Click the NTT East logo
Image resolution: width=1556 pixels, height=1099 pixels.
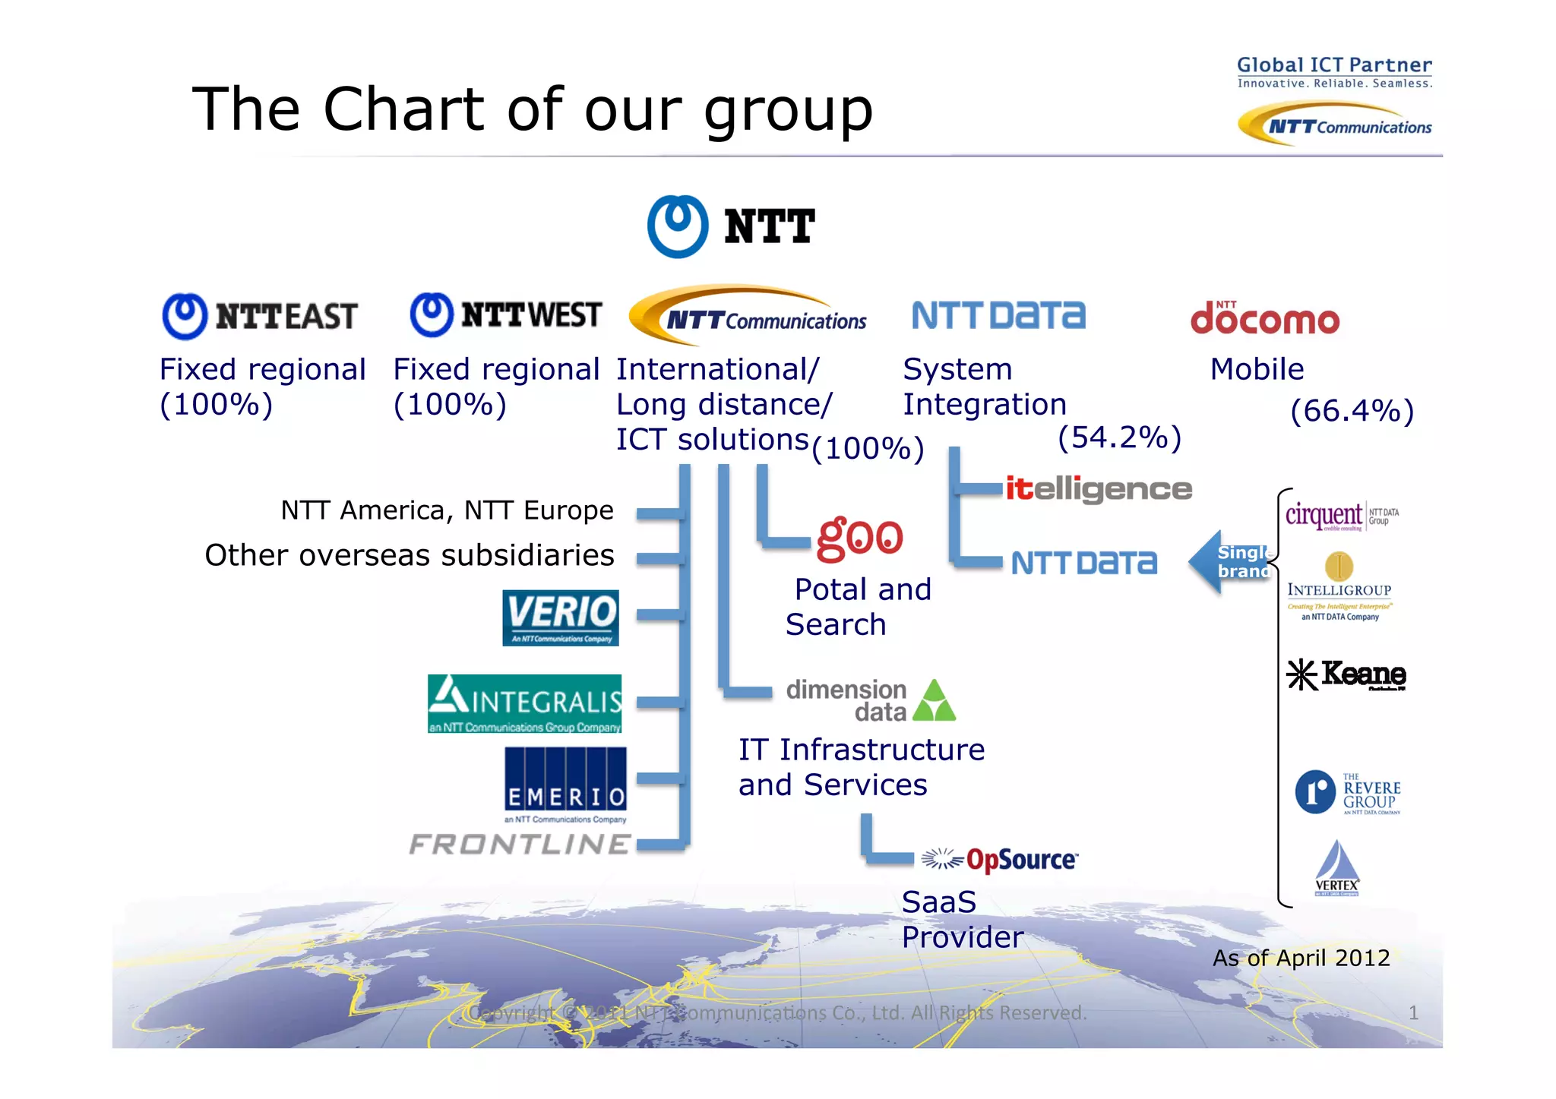(260, 316)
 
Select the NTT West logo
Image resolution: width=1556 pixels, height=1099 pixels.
(506, 314)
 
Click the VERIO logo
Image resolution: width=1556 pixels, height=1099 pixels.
(561, 617)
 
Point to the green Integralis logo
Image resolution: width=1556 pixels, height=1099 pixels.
(524, 703)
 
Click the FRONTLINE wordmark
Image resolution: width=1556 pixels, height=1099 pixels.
(520, 844)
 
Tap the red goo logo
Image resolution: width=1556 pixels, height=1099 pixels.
(860, 537)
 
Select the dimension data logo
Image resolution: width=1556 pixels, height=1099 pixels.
(871, 700)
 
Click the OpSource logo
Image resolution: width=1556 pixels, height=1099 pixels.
(1000, 860)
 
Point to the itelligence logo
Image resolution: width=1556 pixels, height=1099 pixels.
(1099, 488)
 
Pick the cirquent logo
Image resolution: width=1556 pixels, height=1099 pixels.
(1342, 516)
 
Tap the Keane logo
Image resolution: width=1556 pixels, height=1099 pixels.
(1346, 674)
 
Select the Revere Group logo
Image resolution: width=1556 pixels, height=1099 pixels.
(1348, 792)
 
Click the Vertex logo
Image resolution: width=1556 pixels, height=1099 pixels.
(1337, 868)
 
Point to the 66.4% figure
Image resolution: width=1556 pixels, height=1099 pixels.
(1352, 411)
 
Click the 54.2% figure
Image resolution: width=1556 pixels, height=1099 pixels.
(1119, 437)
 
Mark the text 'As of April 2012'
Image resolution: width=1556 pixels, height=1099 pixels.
(1301, 958)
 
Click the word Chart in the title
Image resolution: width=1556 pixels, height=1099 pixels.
(403, 109)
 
